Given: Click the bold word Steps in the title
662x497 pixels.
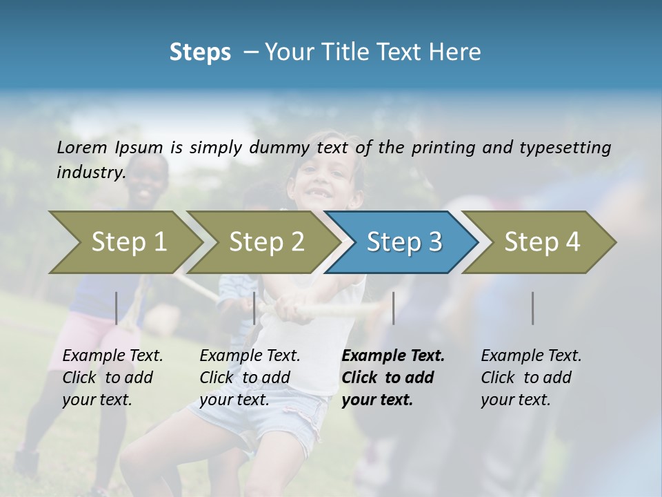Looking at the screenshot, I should [x=200, y=52].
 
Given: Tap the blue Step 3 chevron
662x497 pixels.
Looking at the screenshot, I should [x=403, y=242].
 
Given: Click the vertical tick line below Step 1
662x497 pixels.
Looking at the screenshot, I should [x=117, y=308].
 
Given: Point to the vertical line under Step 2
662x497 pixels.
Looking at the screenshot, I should [x=254, y=308].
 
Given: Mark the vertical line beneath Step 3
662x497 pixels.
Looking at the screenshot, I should [x=393, y=308].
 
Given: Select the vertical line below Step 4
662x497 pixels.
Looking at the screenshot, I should [x=533, y=308].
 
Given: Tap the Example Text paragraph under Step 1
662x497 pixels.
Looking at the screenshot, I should [x=112, y=378].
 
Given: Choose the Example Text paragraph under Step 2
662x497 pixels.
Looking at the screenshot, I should [x=250, y=378].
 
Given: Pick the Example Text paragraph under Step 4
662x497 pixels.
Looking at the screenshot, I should [x=531, y=378].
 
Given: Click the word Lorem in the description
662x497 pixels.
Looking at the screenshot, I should [x=82, y=147].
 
